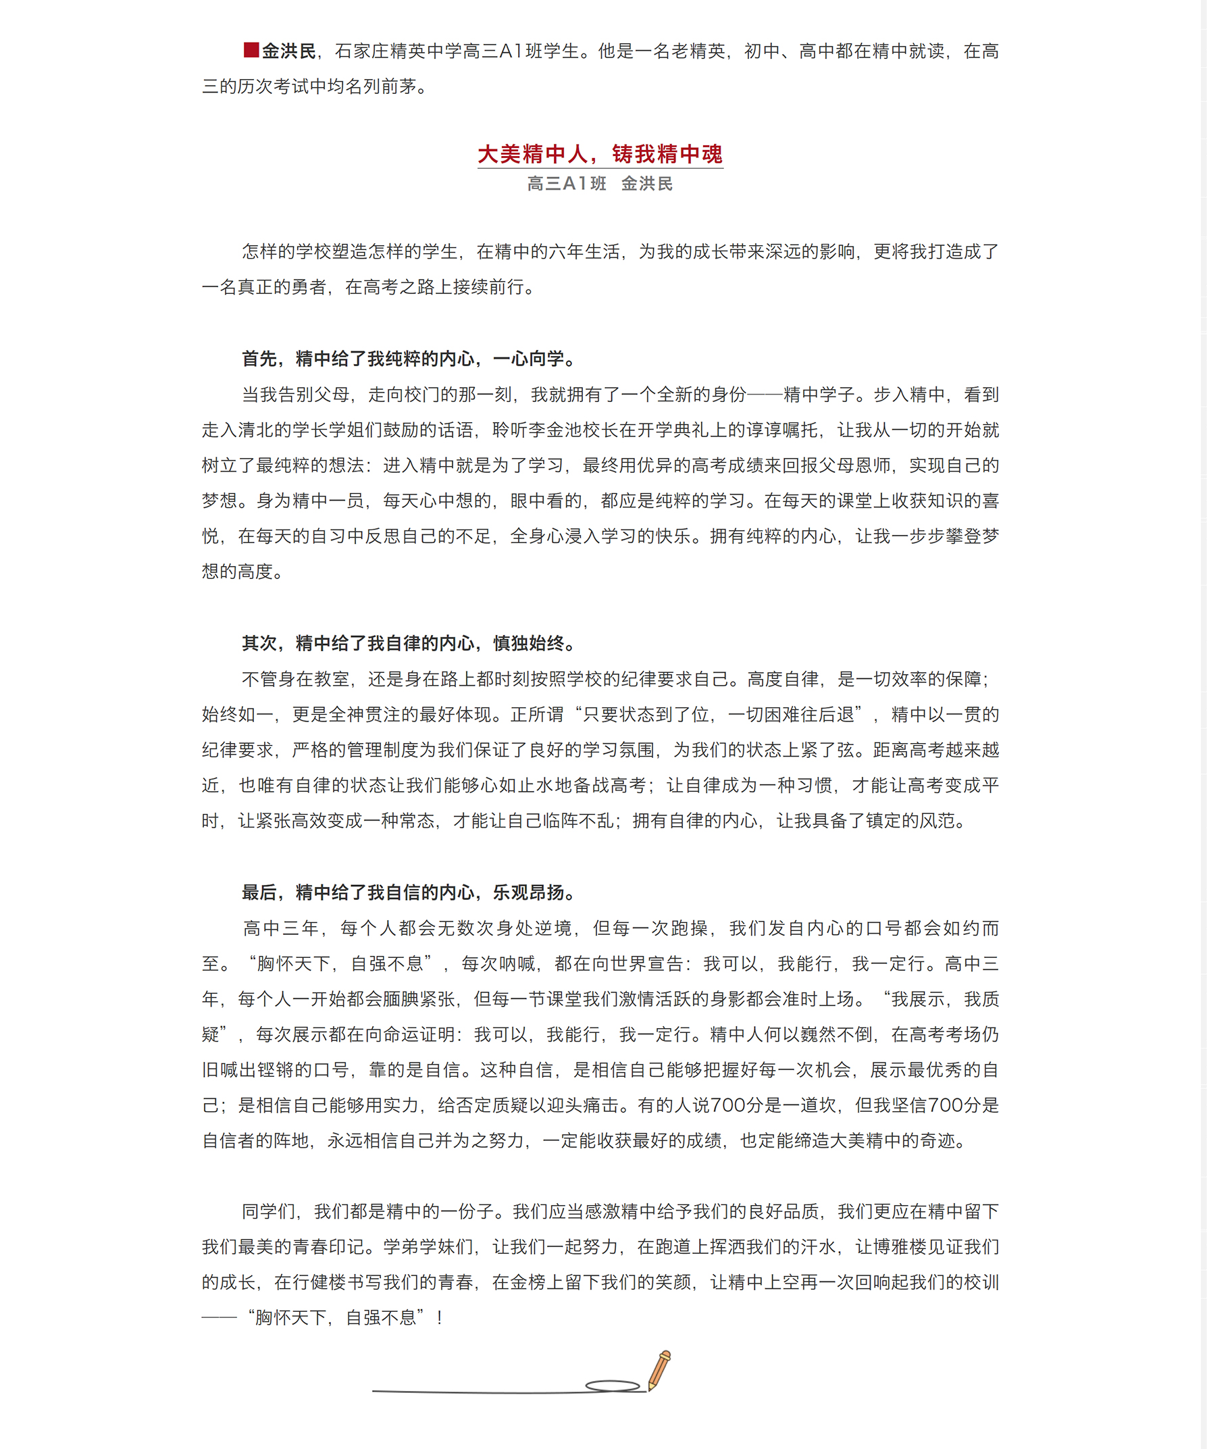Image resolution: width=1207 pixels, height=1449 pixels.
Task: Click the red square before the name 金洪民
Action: [x=251, y=50]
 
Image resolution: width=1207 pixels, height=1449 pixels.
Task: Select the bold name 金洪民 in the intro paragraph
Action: [x=288, y=51]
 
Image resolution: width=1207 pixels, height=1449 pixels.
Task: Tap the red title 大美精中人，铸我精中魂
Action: [x=599, y=154]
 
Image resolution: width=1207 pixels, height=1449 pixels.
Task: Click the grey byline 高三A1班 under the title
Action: [x=566, y=184]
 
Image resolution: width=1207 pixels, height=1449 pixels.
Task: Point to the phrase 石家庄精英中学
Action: [x=397, y=51]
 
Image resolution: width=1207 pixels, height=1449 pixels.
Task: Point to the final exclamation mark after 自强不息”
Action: [x=439, y=1318]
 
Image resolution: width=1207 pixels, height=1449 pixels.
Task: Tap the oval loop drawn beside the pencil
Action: [x=613, y=1385]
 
